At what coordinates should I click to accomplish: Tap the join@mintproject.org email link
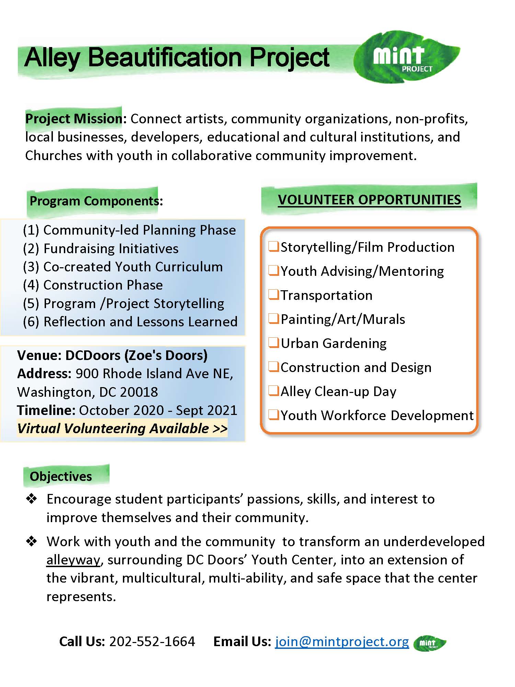coord(342,642)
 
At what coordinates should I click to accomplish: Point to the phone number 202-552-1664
coord(152,642)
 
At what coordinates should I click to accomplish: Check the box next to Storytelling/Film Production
coord(274,247)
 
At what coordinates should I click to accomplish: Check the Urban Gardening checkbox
coord(274,343)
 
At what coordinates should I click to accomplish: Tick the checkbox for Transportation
coord(274,295)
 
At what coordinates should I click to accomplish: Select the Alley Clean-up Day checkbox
coord(274,391)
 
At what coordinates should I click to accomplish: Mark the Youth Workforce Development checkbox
coord(274,415)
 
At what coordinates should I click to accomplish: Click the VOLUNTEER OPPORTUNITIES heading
coord(369,200)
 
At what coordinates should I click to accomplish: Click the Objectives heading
coord(61,476)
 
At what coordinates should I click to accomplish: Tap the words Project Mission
coord(74,119)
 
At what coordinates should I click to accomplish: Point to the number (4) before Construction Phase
coord(31,285)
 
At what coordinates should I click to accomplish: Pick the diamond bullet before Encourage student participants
coord(32,499)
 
